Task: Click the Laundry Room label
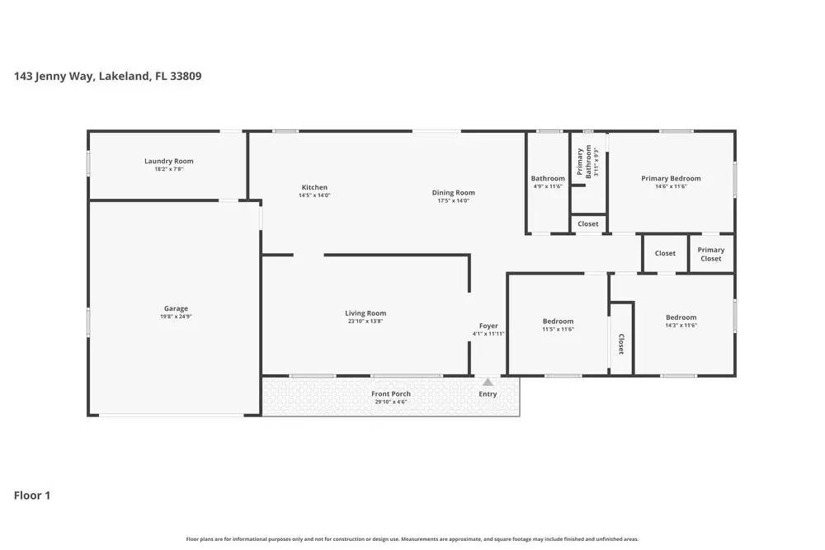168,161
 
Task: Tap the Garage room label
175,308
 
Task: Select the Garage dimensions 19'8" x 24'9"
175,317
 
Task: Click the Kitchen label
314,187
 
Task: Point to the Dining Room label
453,192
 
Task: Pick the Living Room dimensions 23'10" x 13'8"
365,321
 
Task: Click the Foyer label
488,326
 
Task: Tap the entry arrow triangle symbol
488,382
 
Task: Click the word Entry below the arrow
488,394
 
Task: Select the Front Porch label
390,393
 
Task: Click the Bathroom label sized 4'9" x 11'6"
548,178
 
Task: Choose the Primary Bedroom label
671,178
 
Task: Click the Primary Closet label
710,254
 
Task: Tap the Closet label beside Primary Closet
665,253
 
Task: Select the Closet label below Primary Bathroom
588,223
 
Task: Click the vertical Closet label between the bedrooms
621,344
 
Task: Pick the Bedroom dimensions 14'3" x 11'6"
681,326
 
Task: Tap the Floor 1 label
32,496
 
